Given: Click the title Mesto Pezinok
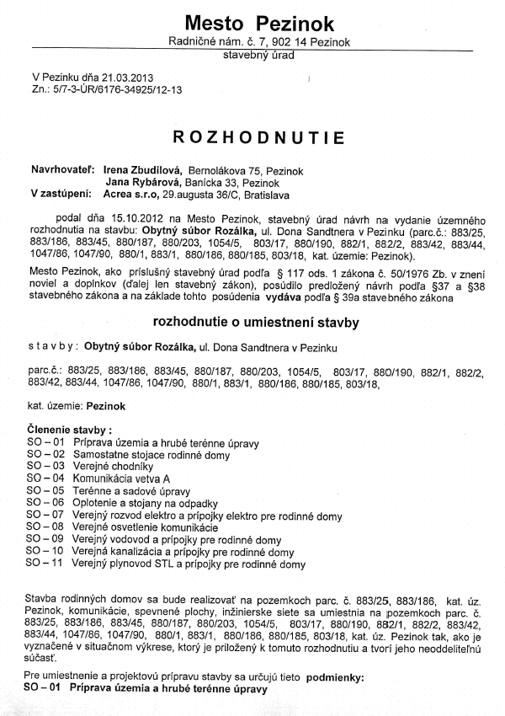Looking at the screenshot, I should [x=258, y=23].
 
